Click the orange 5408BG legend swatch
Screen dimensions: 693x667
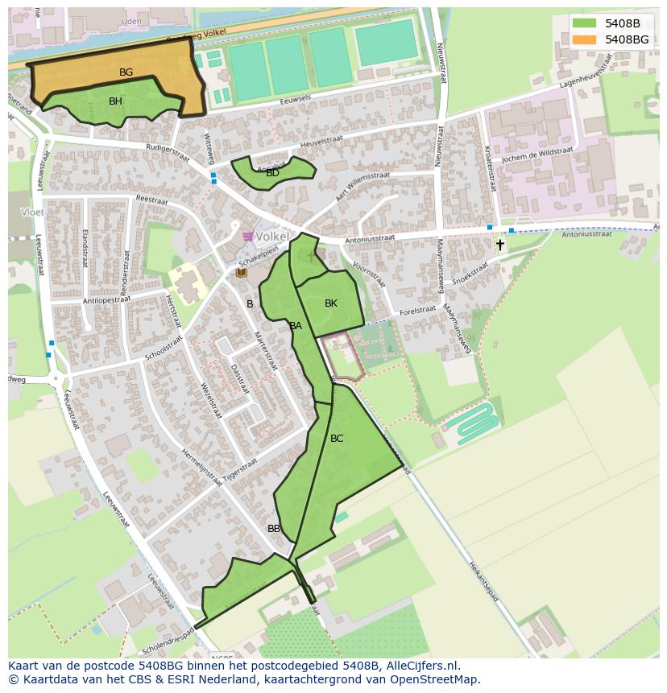(585, 39)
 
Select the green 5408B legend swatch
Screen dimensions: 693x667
(585, 23)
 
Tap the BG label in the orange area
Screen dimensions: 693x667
(126, 72)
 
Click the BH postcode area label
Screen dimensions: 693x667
(115, 101)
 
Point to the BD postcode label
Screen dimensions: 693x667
(272, 172)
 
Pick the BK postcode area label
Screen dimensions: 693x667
(331, 303)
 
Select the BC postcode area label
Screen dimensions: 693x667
(337, 439)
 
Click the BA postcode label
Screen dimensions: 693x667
(296, 326)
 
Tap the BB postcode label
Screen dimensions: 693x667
(274, 529)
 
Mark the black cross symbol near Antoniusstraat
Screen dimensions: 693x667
(499, 244)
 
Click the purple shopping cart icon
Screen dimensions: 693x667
(247, 237)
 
